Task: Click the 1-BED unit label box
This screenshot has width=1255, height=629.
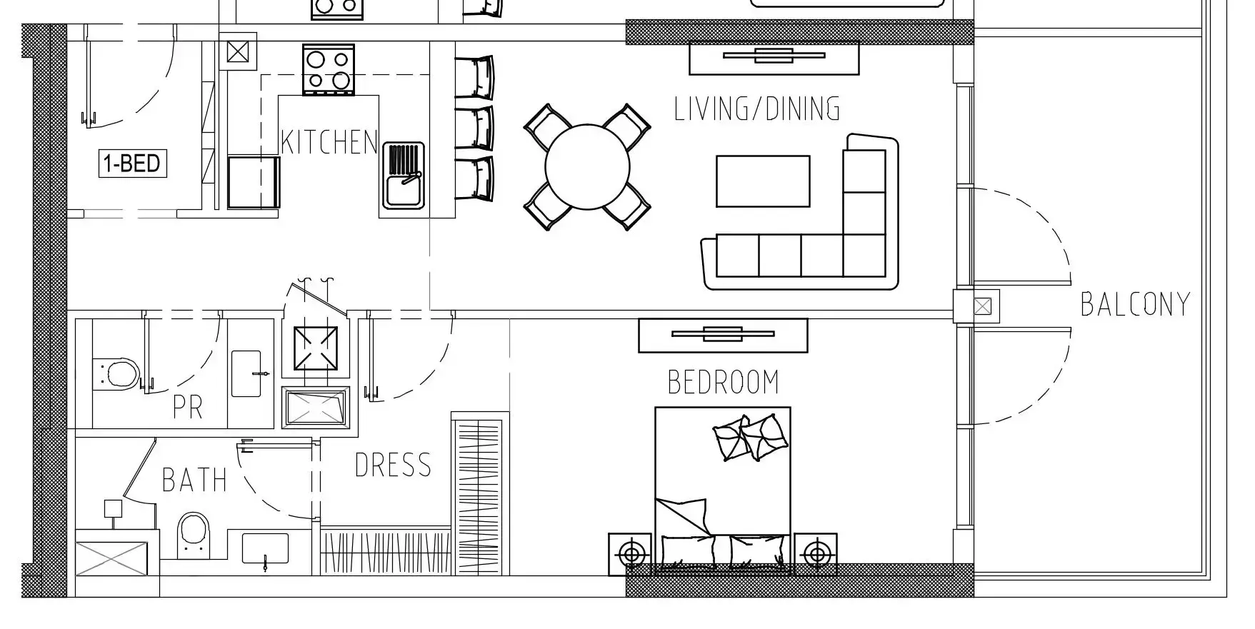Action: [x=133, y=163]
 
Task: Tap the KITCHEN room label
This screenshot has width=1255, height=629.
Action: [x=329, y=142]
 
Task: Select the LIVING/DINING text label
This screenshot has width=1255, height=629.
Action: [x=757, y=109]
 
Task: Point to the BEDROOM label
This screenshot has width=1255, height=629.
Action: [x=723, y=382]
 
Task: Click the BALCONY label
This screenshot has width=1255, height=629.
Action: [x=1135, y=304]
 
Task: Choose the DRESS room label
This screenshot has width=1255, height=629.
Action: [x=394, y=466]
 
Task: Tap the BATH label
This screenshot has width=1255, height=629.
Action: [x=194, y=480]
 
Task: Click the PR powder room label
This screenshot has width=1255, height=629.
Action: [x=188, y=407]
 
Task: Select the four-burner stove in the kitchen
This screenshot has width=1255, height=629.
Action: [x=329, y=69]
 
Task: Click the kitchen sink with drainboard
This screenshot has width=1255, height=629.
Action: [x=404, y=175]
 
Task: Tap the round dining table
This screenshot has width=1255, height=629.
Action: [x=587, y=167]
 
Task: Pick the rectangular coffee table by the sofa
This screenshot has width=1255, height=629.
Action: [x=763, y=181]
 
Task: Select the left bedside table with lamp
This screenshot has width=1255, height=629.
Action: [x=630, y=554]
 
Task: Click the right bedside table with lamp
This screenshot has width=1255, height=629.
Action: [x=815, y=554]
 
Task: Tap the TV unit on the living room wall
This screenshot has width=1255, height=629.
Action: [x=774, y=58]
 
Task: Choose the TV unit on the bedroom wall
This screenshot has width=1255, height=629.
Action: [x=723, y=335]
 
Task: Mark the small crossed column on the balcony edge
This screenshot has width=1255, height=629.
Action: [x=983, y=307]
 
